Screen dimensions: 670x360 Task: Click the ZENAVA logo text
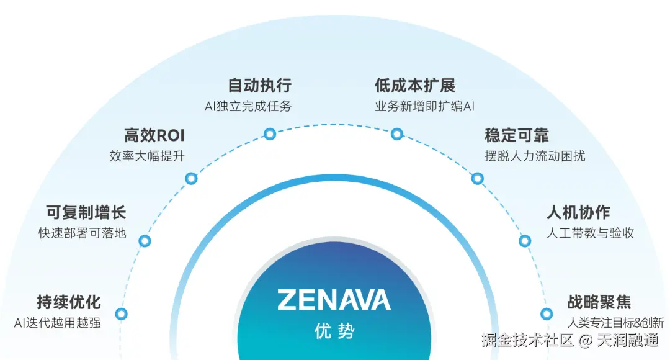pos(334,300)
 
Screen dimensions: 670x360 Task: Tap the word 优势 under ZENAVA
pos(334,330)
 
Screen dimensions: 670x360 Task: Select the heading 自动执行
pos(259,85)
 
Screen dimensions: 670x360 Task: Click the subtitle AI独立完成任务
pos(248,106)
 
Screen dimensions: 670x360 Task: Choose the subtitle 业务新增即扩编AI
pos(424,106)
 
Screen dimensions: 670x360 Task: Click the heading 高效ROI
pos(154,135)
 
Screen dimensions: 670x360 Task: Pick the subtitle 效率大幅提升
pos(147,156)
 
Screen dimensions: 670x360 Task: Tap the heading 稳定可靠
pos(517,135)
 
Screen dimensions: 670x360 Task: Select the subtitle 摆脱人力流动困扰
pos(535,156)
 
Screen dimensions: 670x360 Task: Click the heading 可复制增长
pos(86,212)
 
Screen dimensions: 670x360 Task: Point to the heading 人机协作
pos(578,212)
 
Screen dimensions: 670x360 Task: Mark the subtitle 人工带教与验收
pos(590,233)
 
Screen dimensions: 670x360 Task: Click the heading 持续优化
pos(69,302)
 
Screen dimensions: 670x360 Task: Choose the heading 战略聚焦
pos(599,302)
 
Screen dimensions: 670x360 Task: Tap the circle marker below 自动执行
pos(270,133)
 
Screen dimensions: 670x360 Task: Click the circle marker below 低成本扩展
pos(397,133)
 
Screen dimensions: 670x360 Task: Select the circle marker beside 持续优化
pos(122,314)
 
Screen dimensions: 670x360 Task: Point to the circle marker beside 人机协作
pos(525,240)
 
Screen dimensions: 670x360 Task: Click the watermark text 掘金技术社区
pos(527,340)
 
